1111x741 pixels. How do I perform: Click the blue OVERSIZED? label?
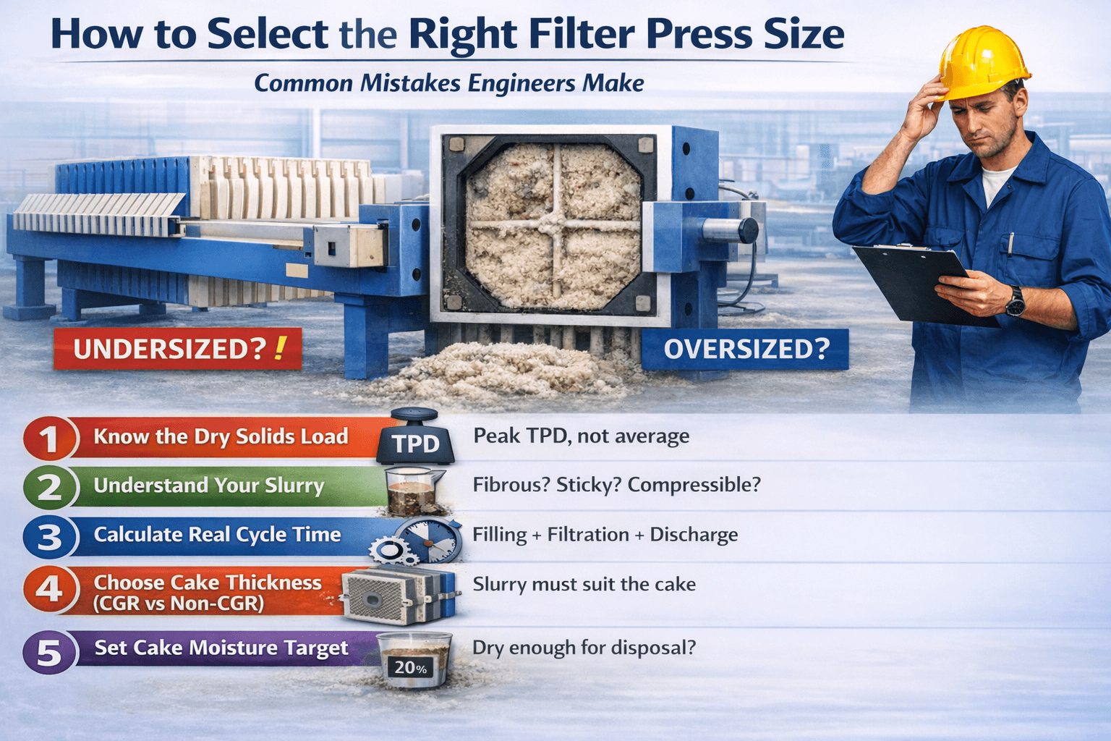745,349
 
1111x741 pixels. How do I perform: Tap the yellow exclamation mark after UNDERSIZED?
279,347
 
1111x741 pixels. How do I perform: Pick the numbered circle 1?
49,439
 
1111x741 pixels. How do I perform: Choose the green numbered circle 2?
49,487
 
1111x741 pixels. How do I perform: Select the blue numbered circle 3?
49,537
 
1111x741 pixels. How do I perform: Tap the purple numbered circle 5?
49,651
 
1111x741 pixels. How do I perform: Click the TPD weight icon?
415,437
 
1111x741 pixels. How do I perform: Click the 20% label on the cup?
410,667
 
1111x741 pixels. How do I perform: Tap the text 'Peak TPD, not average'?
581,436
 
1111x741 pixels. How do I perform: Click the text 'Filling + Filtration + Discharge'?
605,535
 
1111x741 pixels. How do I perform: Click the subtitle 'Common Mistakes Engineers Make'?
448,83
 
